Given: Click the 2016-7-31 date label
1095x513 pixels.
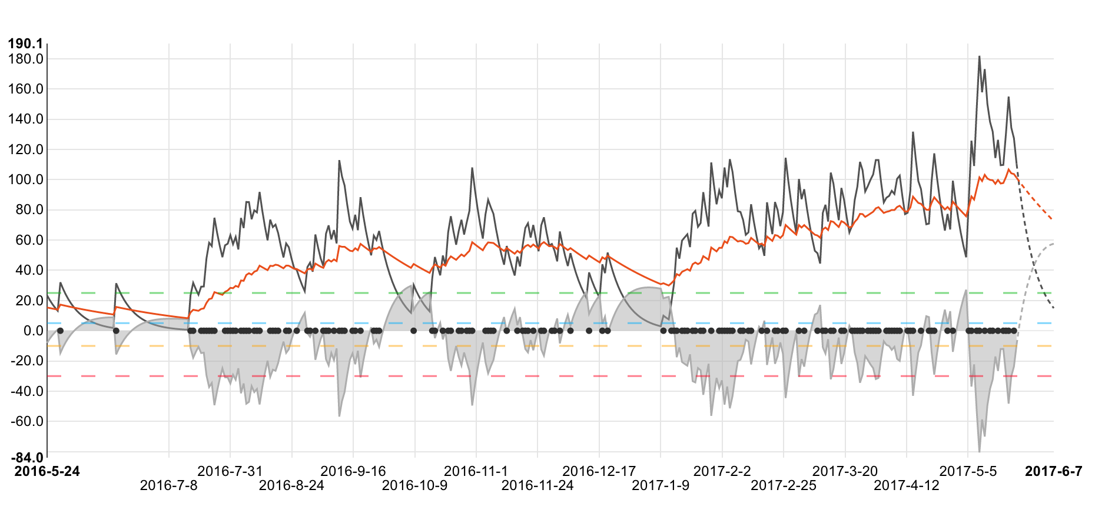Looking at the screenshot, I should (230, 471).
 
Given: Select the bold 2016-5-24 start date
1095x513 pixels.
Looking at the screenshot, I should (47, 471).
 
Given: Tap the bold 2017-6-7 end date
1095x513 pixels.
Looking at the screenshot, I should (1053, 471).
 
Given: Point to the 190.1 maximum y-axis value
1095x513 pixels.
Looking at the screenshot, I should (25, 44).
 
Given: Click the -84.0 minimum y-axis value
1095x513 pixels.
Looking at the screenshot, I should (25, 458).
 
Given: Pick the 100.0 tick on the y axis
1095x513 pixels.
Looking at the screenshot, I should (25, 179).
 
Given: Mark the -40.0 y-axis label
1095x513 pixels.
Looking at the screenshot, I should (25, 391).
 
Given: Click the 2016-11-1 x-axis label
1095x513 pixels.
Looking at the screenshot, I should (476, 471).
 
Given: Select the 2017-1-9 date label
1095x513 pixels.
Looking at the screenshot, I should (661, 485).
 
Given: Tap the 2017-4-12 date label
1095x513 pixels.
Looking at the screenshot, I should (907, 485).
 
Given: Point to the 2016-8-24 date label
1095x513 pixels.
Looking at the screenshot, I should (291, 485).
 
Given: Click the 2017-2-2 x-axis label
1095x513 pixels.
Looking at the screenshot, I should (722, 471).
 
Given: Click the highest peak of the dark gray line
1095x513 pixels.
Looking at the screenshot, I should (979, 56).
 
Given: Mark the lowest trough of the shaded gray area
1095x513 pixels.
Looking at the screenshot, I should (979, 451).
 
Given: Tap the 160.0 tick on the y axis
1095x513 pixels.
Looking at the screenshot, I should (25, 89).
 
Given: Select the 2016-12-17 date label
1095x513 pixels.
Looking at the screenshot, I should (599, 471).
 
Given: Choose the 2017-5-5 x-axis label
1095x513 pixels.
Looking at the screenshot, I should (968, 471).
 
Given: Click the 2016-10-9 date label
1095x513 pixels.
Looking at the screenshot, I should (414, 485).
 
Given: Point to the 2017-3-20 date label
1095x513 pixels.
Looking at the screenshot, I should (845, 471).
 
